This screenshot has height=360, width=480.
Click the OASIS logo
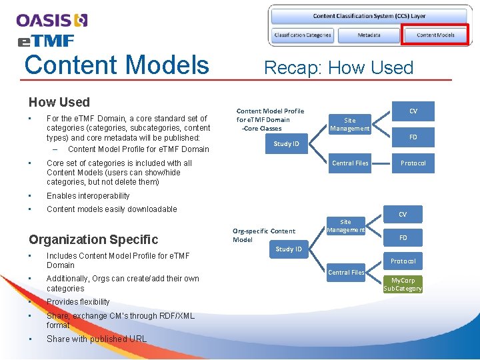pyautogui.click(x=52, y=21)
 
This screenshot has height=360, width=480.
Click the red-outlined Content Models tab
pyautogui.click(x=435, y=35)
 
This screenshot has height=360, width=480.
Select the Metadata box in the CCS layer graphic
pyautogui.click(x=369, y=35)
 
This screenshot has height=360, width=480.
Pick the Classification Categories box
pyautogui.click(x=302, y=35)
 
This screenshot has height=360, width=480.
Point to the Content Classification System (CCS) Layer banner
pyautogui.click(x=369, y=16)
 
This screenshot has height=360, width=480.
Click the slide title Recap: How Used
pyautogui.click(x=339, y=67)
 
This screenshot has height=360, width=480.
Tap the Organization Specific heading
pyautogui.click(x=93, y=239)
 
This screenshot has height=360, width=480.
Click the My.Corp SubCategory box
pyautogui.click(x=403, y=285)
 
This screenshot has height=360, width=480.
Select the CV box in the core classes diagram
pyautogui.click(x=413, y=111)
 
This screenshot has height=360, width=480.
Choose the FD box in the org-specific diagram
pyautogui.click(x=403, y=237)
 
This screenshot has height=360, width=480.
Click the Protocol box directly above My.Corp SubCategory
pyautogui.click(x=403, y=261)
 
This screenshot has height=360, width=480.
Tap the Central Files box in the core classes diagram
pyautogui.click(x=351, y=163)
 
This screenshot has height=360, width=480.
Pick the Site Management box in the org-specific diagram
pyautogui.click(x=345, y=226)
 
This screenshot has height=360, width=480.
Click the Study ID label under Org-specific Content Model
pyautogui.click(x=289, y=249)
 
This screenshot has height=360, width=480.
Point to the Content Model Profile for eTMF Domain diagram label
pyautogui.click(x=270, y=119)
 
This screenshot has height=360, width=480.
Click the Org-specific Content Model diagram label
pyautogui.click(x=263, y=235)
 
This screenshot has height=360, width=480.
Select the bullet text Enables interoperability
pyautogui.click(x=88, y=196)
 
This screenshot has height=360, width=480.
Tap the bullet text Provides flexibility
pyautogui.click(x=78, y=302)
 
